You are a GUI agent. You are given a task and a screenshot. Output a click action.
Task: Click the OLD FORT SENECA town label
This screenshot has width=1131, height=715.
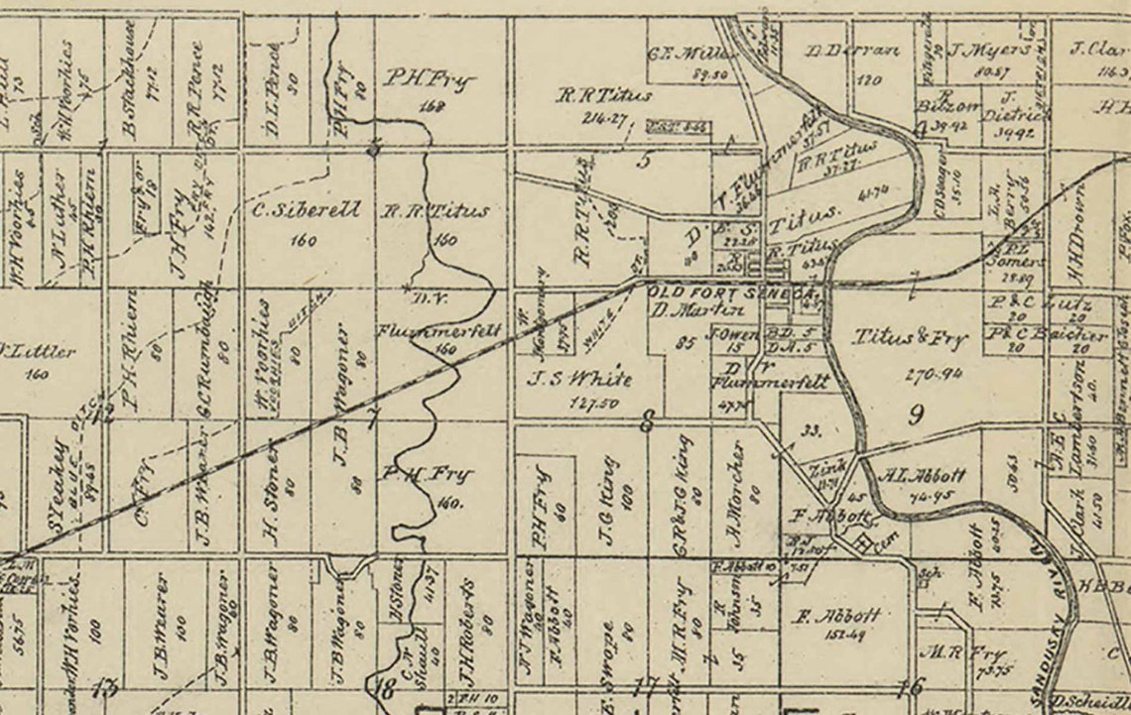tap(732, 294)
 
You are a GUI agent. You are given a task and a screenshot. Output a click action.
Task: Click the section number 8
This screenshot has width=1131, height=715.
tap(647, 424)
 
